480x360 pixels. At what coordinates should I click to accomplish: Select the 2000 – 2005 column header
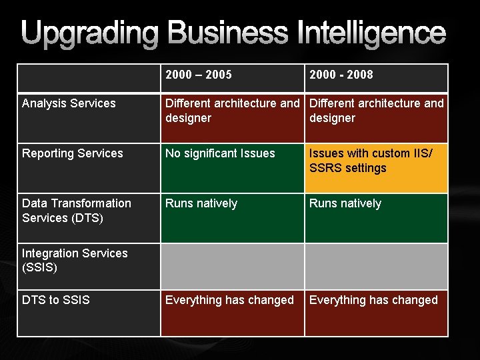pos(199,75)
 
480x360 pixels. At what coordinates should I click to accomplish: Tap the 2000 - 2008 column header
pos(341,75)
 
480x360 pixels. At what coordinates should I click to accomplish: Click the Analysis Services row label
pos(69,103)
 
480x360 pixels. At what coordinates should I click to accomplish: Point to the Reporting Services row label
pos(73,153)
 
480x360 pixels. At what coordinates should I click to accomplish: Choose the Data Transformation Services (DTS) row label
pos(77,211)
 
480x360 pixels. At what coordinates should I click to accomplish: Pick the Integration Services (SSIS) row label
pos(75,261)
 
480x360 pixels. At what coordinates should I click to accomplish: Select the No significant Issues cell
pos(220,153)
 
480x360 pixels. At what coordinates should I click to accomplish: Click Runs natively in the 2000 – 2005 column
pos(201,203)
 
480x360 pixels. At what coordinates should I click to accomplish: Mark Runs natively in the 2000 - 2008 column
pos(345,203)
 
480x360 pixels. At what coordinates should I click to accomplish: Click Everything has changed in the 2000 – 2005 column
pos(229,300)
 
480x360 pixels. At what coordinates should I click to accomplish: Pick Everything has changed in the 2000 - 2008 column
pos(373,300)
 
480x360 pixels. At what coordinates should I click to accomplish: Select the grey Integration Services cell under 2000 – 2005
pos(233,266)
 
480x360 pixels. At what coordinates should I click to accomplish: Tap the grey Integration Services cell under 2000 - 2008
pos(376,266)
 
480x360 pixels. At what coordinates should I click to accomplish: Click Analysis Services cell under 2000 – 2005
pos(233,111)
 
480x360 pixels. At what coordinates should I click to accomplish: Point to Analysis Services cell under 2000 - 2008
pos(377,111)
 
